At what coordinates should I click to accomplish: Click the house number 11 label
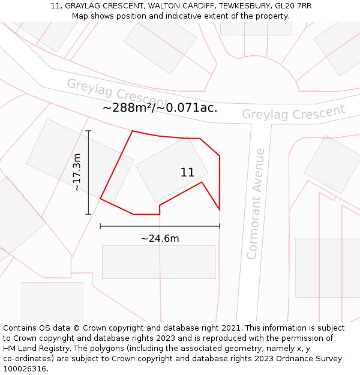pos(187,173)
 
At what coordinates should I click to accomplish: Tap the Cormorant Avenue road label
pos(256,203)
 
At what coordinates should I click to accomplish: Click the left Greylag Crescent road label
pos(117,92)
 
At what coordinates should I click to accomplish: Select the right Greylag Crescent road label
pos(293,112)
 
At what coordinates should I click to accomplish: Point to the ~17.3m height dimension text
pos(77,172)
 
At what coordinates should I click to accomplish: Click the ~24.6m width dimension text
pos(160,238)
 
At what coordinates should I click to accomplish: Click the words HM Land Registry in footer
pos(32,348)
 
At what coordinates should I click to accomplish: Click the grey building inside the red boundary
pos(172,170)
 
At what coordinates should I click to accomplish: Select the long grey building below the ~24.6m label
pos(158,262)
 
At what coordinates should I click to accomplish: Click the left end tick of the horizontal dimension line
pos(100,226)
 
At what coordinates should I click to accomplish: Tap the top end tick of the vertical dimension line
pos(88,131)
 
